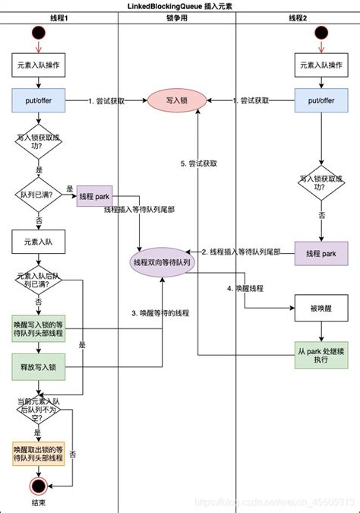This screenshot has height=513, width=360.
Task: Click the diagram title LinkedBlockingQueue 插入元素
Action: pyautogui.click(x=180, y=6)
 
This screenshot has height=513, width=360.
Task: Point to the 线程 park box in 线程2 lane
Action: pyautogui.click(x=321, y=253)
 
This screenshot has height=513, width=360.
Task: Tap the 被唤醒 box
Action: pyautogui.click(x=321, y=309)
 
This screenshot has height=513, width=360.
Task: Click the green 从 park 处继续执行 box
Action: pyautogui.click(x=321, y=353)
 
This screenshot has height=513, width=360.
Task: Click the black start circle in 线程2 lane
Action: pyautogui.click(x=321, y=36)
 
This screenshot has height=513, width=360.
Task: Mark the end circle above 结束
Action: pyautogui.click(x=37, y=486)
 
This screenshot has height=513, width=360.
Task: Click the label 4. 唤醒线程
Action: pyautogui.click(x=244, y=288)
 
